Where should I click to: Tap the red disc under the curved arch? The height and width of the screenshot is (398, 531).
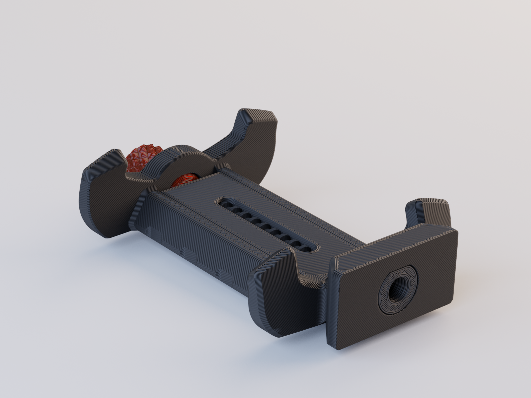pyautogui.click(x=185, y=181)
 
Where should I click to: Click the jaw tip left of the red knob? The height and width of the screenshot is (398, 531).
pyautogui.click(x=106, y=159)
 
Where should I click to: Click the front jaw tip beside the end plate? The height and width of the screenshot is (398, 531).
pyautogui.click(x=275, y=262)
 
